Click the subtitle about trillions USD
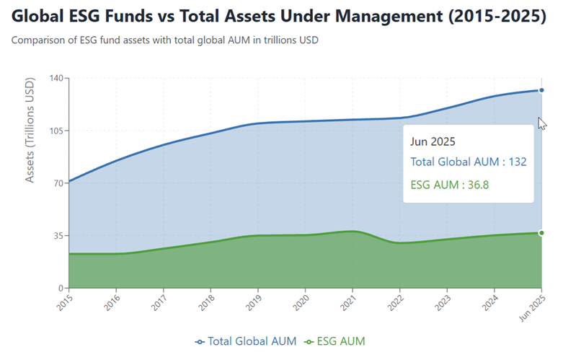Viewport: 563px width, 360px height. click(165, 40)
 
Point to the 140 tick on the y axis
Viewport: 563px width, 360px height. click(56, 78)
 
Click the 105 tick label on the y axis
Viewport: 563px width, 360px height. click(56, 131)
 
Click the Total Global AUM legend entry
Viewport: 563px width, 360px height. click(245, 341)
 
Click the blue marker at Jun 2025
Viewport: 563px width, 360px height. click(541, 90)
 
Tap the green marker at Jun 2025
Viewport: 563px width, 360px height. click(541, 232)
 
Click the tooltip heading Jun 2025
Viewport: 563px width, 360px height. click(433, 142)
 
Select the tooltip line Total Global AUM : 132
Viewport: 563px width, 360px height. click(469, 162)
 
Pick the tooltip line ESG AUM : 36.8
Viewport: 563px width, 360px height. click(450, 185)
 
